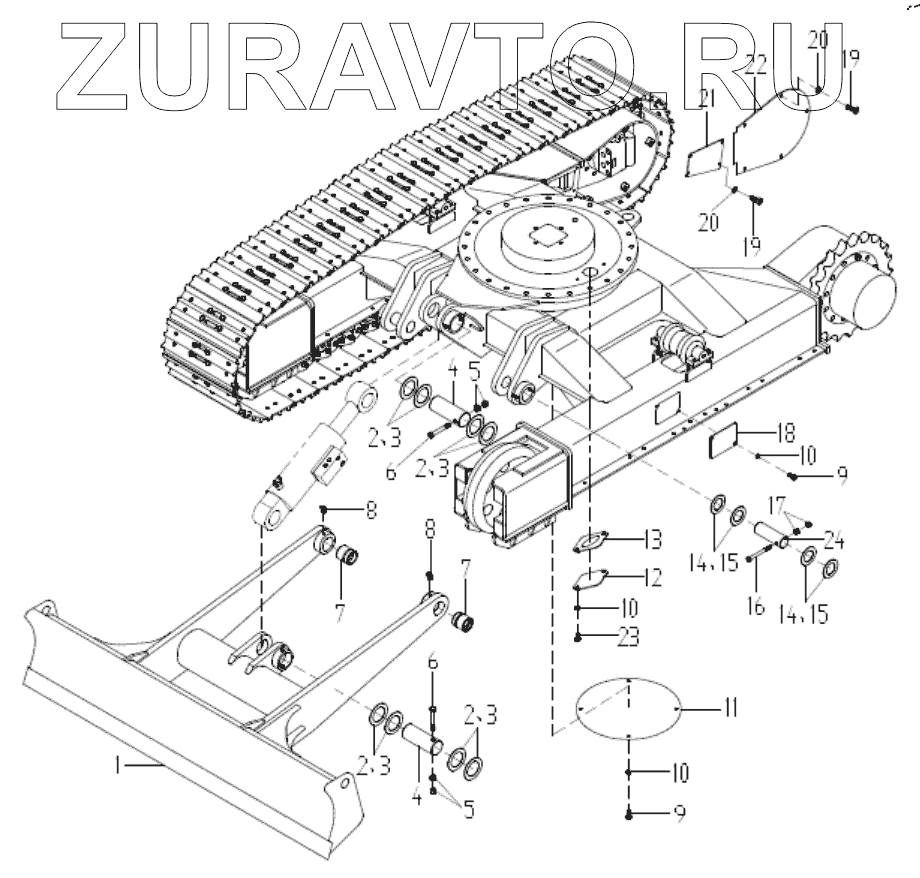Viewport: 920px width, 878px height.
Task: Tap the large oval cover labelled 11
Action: [627, 708]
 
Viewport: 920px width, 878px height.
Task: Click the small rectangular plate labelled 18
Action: [722, 441]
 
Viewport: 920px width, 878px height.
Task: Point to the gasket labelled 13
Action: [589, 541]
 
